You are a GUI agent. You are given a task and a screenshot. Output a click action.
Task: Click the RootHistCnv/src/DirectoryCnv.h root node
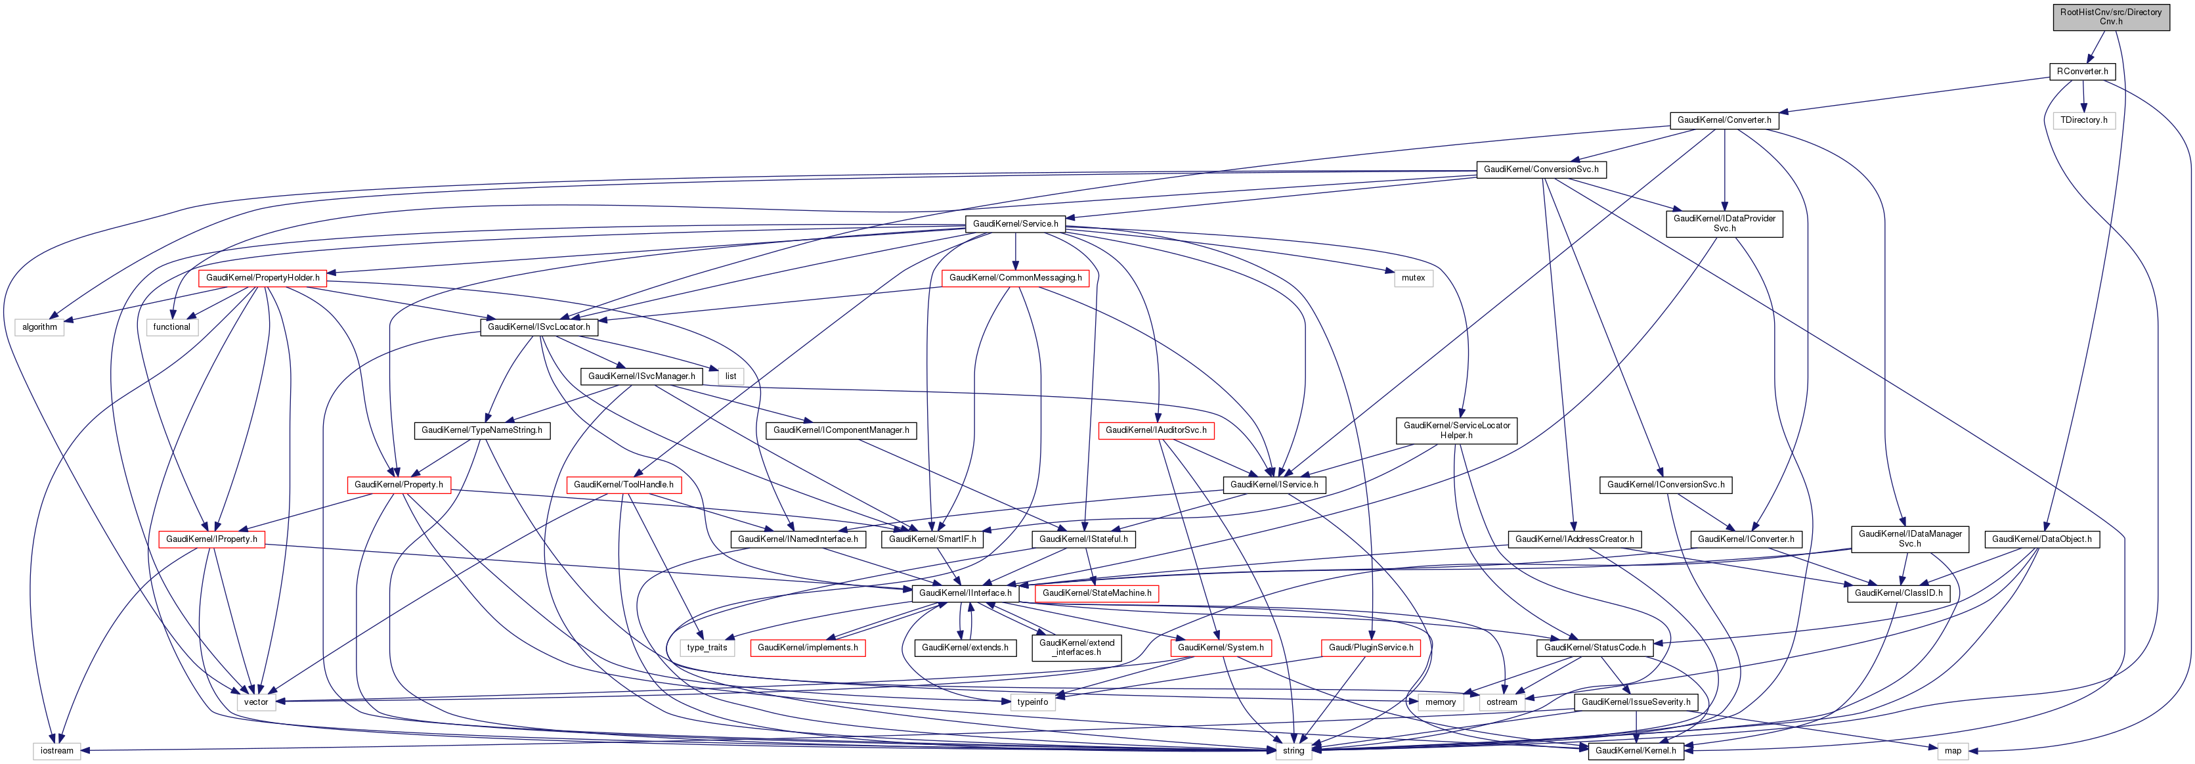(x=2111, y=16)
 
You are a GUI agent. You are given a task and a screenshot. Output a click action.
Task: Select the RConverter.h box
(x=2081, y=71)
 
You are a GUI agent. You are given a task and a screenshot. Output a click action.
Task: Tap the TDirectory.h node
(x=2083, y=120)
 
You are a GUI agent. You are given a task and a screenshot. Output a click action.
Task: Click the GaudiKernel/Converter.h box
(x=1724, y=120)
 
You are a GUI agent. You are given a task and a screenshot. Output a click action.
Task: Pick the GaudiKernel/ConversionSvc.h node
(x=1540, y=169)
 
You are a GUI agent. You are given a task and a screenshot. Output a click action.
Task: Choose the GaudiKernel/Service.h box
(x=1015, y=223)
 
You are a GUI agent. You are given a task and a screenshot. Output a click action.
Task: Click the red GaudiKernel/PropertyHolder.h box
(x=263, y=278)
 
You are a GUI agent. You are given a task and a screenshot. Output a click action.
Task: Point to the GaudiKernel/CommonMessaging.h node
(x=1015, y=278)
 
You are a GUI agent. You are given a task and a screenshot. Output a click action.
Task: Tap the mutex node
(x=1413, y=278)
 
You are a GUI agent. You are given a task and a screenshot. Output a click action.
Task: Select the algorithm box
(x=39, y=326)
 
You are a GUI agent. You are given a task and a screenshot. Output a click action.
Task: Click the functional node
(x=171, y=326)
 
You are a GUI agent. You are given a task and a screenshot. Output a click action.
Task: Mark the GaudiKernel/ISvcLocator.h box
(x=538, y=326)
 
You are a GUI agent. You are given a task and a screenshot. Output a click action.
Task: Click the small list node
(x=730, y=376)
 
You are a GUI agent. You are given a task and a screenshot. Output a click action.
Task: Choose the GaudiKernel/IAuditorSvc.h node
(x=1156, y=430)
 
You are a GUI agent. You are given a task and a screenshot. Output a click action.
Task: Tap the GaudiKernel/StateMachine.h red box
(x=1097, y=593)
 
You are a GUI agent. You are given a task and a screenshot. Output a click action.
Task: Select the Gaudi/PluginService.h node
(x=1371, y=647)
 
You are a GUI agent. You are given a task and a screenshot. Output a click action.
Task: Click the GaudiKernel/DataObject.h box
(x=2041, y=539)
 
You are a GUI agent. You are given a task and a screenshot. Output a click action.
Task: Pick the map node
(x=1952, y=750)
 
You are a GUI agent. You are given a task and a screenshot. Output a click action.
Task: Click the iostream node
(x=57, y=750)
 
